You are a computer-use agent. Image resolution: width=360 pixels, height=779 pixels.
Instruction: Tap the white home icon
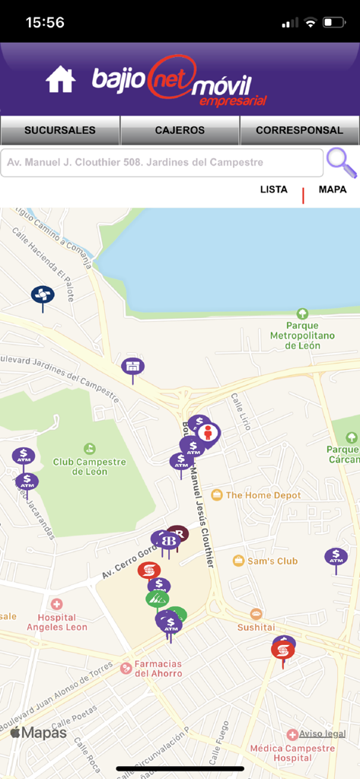tap(60, 79)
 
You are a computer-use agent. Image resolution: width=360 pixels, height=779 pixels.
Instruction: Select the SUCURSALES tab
tap(60, 130)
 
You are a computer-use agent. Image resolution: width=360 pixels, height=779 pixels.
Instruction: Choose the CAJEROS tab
tap(180, 130)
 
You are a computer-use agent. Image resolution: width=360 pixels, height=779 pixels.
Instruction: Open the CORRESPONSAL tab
tap(299, 130)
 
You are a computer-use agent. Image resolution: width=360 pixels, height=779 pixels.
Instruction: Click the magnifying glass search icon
tap(340, 162)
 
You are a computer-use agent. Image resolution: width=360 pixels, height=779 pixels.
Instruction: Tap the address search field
tap(161, 162)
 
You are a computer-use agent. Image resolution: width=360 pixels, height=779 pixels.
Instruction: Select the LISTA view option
tap(273, 189)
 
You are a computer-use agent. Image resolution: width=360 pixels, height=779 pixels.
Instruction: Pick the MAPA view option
tap(333, 189)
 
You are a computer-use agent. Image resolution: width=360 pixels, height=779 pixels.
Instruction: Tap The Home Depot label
tap(263, 495)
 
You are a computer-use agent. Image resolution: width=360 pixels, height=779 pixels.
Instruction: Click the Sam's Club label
tap(271, 561)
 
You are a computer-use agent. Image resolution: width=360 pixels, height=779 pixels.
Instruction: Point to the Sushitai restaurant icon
tap(256, 614)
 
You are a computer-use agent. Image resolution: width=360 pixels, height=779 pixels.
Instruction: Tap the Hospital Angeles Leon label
tap(57, 622)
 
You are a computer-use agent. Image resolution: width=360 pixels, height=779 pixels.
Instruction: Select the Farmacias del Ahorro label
tap(158, 668)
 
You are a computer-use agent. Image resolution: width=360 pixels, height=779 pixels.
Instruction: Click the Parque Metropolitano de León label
tap(302, 335)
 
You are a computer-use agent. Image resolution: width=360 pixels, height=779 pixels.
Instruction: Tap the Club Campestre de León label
tap(90, 466)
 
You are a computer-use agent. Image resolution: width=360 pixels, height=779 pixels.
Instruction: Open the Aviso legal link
tap(322, 734)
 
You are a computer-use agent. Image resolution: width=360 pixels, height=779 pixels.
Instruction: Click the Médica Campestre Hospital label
tap(292, 752)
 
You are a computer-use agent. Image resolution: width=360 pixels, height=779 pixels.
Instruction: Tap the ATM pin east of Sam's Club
tap(336, 557)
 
